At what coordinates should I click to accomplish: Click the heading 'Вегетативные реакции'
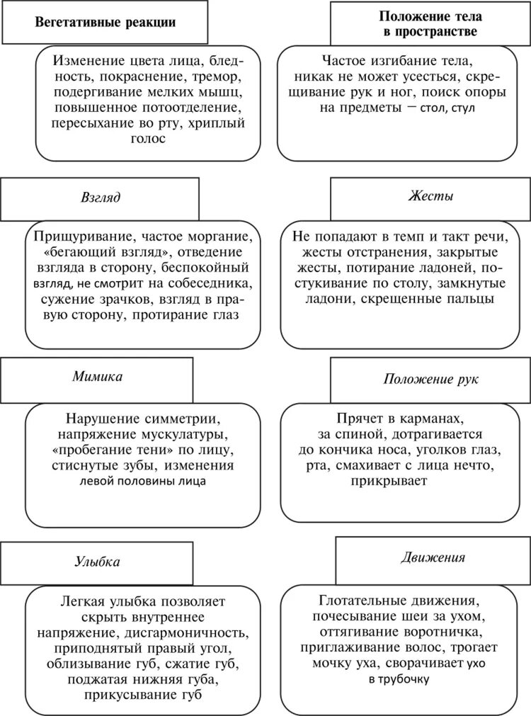(105, 22)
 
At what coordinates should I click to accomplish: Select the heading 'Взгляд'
(101, 198)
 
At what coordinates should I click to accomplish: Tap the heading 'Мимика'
(97, 376)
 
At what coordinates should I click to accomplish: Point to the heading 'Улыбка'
(97, 562)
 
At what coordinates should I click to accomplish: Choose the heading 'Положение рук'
(431, 378)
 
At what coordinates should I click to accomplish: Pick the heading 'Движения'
(433, 557)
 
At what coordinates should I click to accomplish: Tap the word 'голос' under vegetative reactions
(148, 140)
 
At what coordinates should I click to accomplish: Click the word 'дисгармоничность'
(188, 632)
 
